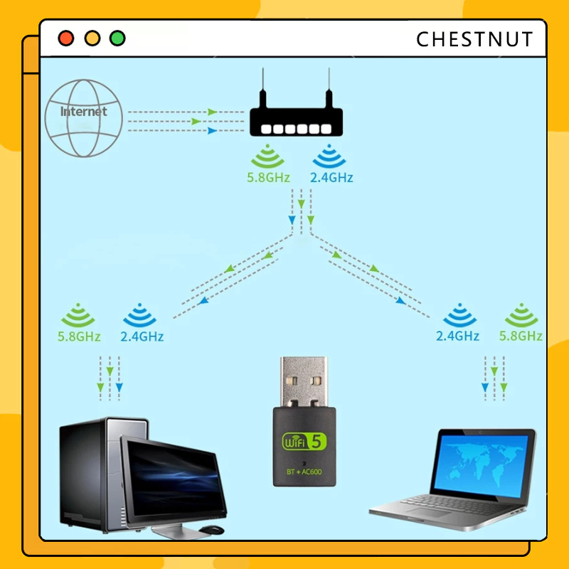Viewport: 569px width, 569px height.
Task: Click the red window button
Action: [x=66, y=38]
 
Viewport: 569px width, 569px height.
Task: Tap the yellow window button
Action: [x=92, y=38]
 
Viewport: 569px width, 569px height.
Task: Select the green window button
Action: [x=117, y=38]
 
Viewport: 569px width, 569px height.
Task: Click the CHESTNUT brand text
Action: [x=474, y=39]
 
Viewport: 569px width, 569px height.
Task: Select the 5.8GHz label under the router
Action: [x=268, y=178]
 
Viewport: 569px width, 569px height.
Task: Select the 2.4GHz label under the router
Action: [x=331, y=178]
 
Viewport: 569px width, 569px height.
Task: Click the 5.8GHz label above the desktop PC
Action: [x=79, y=336]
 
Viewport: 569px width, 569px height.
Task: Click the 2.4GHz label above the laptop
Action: [x=457, y=336]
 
